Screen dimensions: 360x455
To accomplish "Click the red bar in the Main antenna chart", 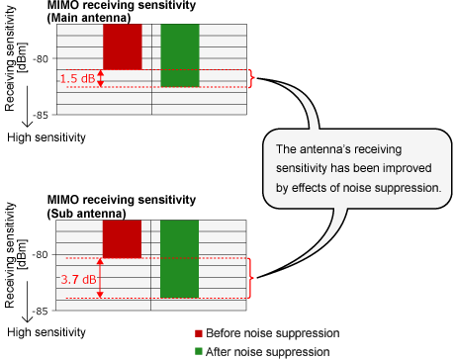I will (122, 46).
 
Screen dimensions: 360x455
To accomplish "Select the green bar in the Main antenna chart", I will (180, 55).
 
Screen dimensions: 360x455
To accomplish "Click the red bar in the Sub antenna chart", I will (122, 238).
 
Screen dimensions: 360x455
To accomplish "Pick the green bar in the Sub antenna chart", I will (180, 258).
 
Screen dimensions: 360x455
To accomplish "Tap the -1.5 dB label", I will (76, 78).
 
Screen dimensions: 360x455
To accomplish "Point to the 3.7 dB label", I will (76, 279).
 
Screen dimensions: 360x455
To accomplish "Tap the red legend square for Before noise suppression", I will (200, 333).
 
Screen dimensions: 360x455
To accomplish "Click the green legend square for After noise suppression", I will (200, 350).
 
